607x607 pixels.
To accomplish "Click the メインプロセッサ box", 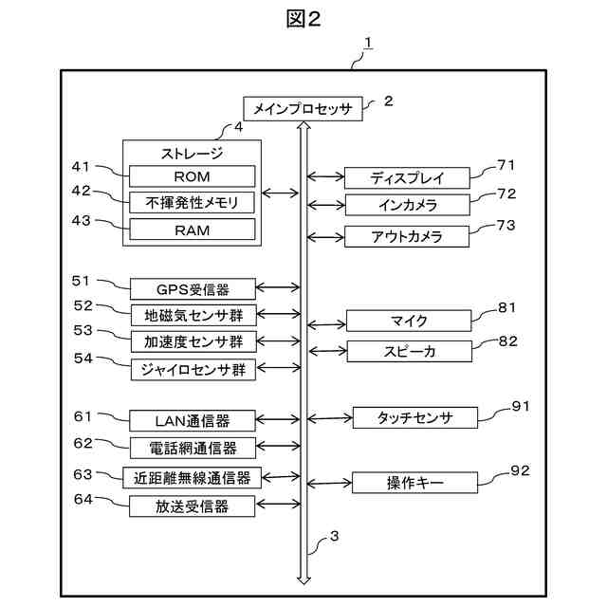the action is (303, 109).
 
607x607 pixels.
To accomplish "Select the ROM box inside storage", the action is (192, 176).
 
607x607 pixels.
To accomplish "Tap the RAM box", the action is (192, 230).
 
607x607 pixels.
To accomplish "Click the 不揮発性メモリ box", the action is (192, 202).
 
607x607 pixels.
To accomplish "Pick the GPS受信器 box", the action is (193, 288).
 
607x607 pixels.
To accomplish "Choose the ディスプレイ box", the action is (407, 178).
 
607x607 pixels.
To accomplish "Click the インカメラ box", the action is (408, 205).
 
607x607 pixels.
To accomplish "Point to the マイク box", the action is (409, 321).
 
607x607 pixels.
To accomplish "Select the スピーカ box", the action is (410, 351).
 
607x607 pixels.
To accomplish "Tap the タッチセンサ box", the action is (415, 417).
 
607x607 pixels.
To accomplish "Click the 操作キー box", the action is (414, 483).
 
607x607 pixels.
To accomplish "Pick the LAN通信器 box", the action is (193, 421).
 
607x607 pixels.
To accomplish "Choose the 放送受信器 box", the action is (192, 506).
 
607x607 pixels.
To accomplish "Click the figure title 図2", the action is (303, 19).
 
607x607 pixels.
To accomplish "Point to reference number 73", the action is (506, 226).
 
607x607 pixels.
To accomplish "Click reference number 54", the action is (83, 359).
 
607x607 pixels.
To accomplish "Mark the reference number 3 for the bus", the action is (334, 536).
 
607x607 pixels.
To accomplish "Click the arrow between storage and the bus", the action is (281, 193).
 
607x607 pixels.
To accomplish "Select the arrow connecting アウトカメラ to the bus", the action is (325, 237).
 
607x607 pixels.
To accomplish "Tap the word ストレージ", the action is (192, 154).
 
